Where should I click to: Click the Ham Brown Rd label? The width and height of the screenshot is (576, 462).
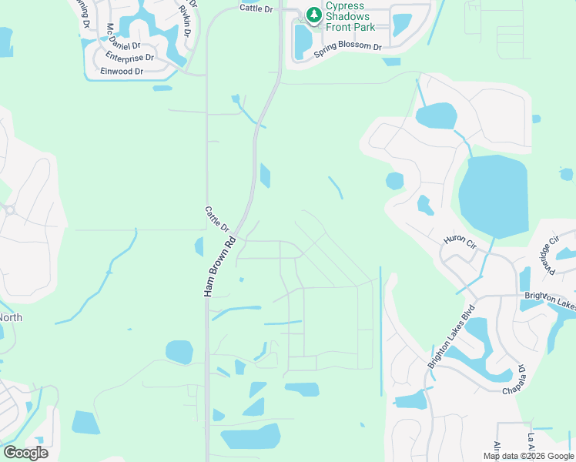[218, 267]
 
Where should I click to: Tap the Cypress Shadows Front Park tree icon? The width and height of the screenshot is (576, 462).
[313, 14]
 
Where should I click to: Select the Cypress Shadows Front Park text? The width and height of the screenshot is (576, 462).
[350, 16]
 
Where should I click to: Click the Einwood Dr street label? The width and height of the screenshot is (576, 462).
[122, 72]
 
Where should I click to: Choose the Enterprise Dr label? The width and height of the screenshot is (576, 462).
[130, 57]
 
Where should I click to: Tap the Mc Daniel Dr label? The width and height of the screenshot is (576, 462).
[114, 38]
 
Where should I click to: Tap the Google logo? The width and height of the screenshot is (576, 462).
[25, 452]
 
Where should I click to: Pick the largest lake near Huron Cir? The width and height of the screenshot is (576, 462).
[493, 196]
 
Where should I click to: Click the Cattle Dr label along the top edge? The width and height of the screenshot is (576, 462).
[256, 8]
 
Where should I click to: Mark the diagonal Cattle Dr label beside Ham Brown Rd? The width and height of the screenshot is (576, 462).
[218, 219]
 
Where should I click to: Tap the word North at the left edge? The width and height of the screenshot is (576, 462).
[11, 317]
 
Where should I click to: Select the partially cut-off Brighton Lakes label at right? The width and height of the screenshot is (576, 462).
[550, 300]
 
